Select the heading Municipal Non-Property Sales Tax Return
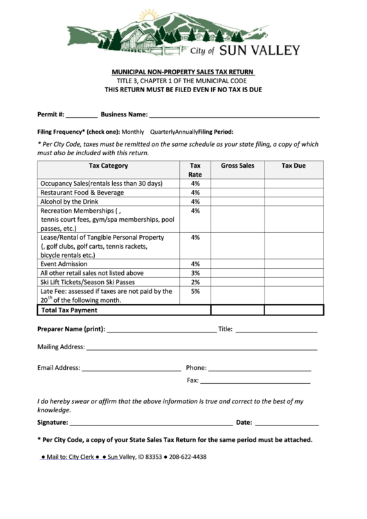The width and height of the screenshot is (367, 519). coord(183,72)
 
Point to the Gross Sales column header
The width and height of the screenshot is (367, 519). coord(238,166)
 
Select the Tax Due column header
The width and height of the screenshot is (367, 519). coord(294,166)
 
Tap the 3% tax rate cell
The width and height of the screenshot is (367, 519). coord(195,273)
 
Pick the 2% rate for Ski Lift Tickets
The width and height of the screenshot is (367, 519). coord(195,283)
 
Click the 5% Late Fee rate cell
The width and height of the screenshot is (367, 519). coord(195,292)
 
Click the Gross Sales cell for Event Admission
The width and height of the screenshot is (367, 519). coord(238,264)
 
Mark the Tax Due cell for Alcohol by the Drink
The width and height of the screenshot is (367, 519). coord(294,202)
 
